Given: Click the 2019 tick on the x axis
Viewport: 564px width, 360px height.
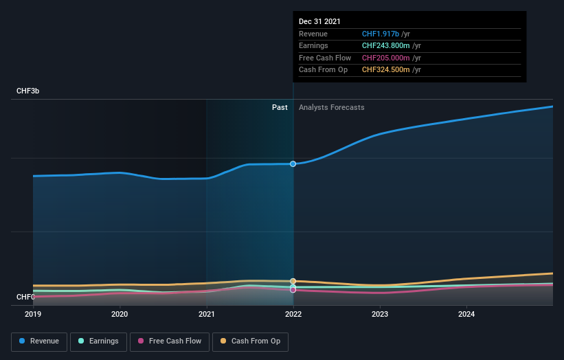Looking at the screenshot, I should tap(33, 314).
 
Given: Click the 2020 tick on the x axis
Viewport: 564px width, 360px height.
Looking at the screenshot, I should tap(120, 314).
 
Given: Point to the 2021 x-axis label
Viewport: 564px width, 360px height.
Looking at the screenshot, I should tap(206, 314).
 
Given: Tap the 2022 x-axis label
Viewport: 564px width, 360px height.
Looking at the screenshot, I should tap(293, 314).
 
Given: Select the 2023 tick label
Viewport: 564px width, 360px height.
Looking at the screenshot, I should tap(380, 314).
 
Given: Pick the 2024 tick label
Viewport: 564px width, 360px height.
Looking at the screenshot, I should tap(466, 314).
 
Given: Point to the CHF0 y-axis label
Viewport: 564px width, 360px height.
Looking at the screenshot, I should tap(25, 297).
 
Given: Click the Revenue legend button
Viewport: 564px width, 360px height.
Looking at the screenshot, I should tap(39, 341).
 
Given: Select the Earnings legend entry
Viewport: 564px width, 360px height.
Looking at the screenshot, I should tap(98, 341).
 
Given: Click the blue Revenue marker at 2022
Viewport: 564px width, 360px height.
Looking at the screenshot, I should tap(293, 164).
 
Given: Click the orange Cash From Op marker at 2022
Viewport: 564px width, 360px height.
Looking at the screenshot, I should tap(293, 281).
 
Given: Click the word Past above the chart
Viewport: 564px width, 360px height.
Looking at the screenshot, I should tap(280, 107).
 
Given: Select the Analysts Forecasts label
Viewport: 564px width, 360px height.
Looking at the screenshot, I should tap(331, 107).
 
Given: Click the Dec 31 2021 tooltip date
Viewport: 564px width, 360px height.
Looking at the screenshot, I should tap(319, 22).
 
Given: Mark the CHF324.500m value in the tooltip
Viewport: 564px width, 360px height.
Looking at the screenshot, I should tap(387, 69).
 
